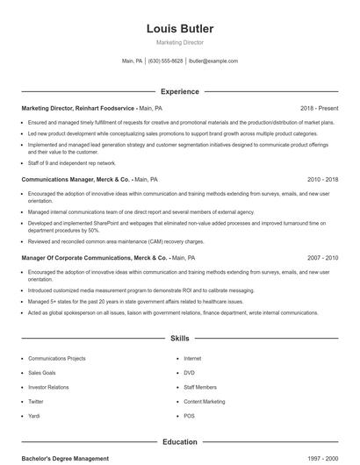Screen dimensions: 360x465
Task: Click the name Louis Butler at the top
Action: (x=179, y=29)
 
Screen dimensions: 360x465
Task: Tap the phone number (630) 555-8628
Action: (x=165, y=61)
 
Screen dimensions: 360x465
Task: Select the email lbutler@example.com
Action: (x=213, y=61)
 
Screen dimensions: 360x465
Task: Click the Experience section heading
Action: (x=179, y=91)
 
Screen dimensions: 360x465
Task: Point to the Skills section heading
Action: (x=179, y=338)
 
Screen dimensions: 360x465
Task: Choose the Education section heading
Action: (x=179, y=442)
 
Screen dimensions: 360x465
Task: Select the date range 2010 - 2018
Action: (x=322, y=179)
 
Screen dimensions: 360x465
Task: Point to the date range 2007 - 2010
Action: (x=322, y=258)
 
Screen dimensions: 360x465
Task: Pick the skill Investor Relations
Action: (x=49, y=386)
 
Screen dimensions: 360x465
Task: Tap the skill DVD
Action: (x=189, y=372)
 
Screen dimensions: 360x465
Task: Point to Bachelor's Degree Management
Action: (x=65, y=458)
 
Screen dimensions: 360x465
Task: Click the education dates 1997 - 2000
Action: (x=322, y=458)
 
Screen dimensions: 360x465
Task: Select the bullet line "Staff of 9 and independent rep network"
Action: (x=72, y=163)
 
